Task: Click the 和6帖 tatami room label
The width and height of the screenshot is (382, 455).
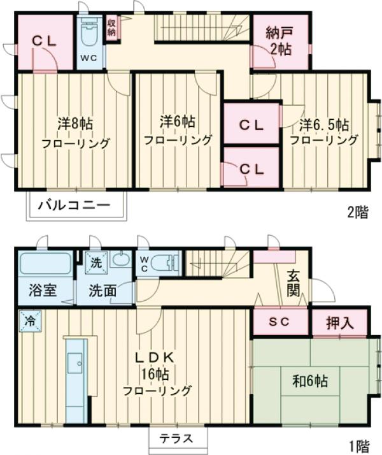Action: point(310,381)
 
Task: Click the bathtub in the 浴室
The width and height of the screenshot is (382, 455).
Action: point(44,263)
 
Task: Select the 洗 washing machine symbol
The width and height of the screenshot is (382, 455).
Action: point(95,261)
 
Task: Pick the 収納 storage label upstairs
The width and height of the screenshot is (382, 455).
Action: point(112,28)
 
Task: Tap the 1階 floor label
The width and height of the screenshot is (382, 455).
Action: point(358,444)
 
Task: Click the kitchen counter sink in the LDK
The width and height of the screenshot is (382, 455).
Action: point(79,365)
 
